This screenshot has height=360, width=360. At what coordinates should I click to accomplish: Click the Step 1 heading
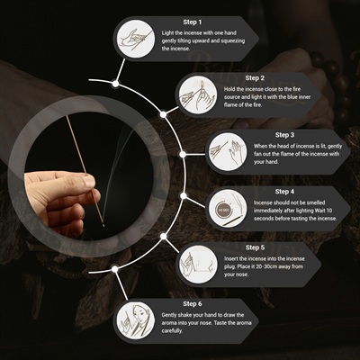[193, 22]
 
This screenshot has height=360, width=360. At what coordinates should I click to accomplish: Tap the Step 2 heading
[255, 78]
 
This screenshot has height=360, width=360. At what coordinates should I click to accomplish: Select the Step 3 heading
[284, 135]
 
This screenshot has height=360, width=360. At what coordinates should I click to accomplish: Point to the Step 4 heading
[284, 192]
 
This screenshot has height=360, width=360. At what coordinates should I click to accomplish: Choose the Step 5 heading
[255, 247]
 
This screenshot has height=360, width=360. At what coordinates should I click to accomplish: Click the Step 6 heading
[193, 304]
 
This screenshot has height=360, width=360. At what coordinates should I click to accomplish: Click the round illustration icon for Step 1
[136, 39]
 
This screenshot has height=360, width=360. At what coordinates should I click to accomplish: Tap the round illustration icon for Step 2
[198, 95]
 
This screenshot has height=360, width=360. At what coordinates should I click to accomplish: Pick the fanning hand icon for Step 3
[228, 152]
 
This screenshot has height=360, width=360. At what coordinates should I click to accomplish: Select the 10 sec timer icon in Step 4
[222, 210]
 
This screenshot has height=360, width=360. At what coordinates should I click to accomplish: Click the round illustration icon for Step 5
[198, 265]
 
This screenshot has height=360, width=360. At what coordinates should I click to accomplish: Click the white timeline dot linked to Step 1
[115, 84]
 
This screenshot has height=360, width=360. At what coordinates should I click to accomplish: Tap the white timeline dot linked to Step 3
[183, 155]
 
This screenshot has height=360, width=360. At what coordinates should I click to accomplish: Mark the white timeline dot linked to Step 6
[114, 269]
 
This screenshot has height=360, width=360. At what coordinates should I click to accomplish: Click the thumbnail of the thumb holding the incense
[89, 182]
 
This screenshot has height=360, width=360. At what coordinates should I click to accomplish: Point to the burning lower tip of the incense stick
[103, 225]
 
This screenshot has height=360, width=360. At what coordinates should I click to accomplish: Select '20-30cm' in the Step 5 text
[266, 266]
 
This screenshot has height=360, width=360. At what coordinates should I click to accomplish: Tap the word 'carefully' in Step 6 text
[172, 331]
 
